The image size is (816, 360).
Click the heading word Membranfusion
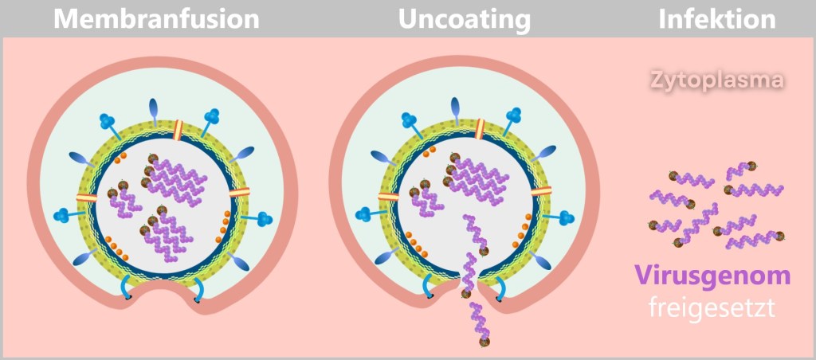pos(156,19)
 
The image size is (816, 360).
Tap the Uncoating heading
pos(465,20)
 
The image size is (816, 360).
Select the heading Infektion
pos(716,19)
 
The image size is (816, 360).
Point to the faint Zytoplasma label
pos(714,80)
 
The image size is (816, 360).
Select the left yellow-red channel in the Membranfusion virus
pos(87,198)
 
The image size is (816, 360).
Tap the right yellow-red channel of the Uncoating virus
pos(542,191)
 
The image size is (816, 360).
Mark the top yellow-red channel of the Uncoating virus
pos(481,127)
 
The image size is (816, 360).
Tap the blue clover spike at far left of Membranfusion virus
pos(63,215)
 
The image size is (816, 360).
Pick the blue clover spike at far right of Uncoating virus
pos(567,217)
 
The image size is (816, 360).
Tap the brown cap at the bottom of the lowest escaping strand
pos(484,342)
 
